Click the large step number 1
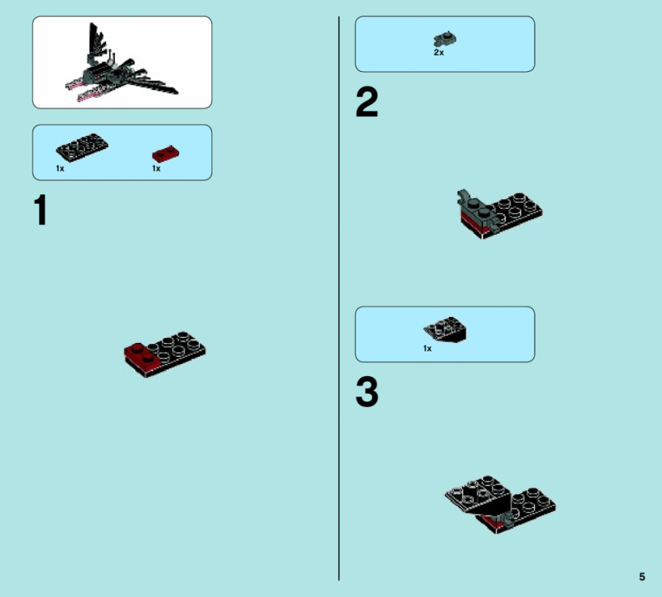[41, 210]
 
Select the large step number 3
[367, 392]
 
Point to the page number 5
[642, 577]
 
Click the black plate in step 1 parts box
[82, 148]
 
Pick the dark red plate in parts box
[165, 153]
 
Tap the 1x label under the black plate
[60, 168]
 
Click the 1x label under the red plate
[156, 168]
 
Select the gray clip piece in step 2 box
[445, 39]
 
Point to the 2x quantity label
[439, 52]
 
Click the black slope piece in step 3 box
[445, 329]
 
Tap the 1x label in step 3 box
[427, 348]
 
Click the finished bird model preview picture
[122, 63]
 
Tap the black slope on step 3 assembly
[479, 495]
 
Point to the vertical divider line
[339, 298]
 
